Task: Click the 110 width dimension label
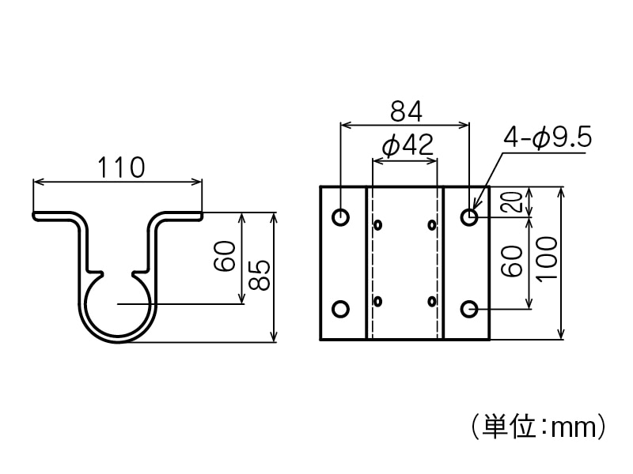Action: [x=121, y=167]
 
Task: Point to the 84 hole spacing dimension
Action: [x=405, y=112]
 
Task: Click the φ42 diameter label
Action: [x=406, y=146]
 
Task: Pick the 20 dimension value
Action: [x=511, y=201]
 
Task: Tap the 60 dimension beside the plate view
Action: [x=511, y=261]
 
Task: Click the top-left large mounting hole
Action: [x=341, y=216]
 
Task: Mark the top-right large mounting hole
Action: [x=469, y=216]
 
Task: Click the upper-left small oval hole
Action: [x=378, y=225]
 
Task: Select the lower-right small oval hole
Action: [x=432, y=301]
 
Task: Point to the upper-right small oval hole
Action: [x=432, y=225]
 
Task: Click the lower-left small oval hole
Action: [x=378, y=301]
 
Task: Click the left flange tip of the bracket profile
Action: [x=36, y=214]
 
